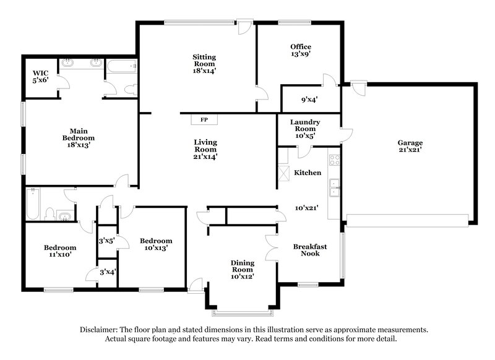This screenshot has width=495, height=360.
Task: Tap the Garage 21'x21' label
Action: [x=410, y=146]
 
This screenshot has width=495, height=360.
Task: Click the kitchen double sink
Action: [x=334, y=187]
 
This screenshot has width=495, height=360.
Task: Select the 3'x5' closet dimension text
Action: [x=106, y=241]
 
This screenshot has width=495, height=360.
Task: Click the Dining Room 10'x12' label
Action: [x=243, y=270]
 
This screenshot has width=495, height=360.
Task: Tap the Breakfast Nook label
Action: [x=309, y=249]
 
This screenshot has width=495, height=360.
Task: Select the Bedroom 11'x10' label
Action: [x=59, y=251]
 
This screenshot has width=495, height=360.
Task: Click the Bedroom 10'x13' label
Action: [x=155, y=244]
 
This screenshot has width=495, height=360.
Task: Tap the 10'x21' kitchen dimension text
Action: [x=306, y=208]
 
